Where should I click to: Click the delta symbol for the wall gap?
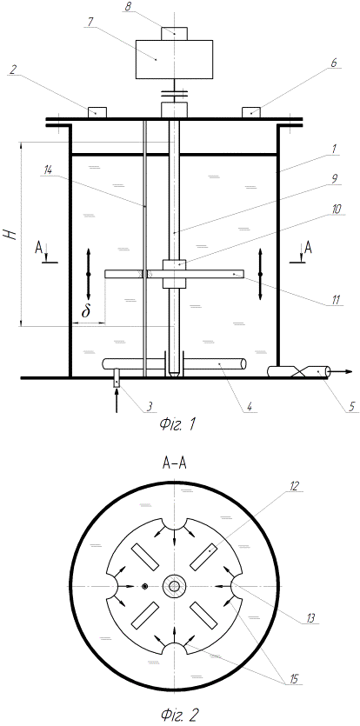[x=86, y=311]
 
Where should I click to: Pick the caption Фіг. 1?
[x=175, y=423]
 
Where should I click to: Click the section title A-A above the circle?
[x=174, y=464]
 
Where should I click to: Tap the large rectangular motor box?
[x=174, y=59]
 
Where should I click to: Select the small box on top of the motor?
[x=174, y=33]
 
